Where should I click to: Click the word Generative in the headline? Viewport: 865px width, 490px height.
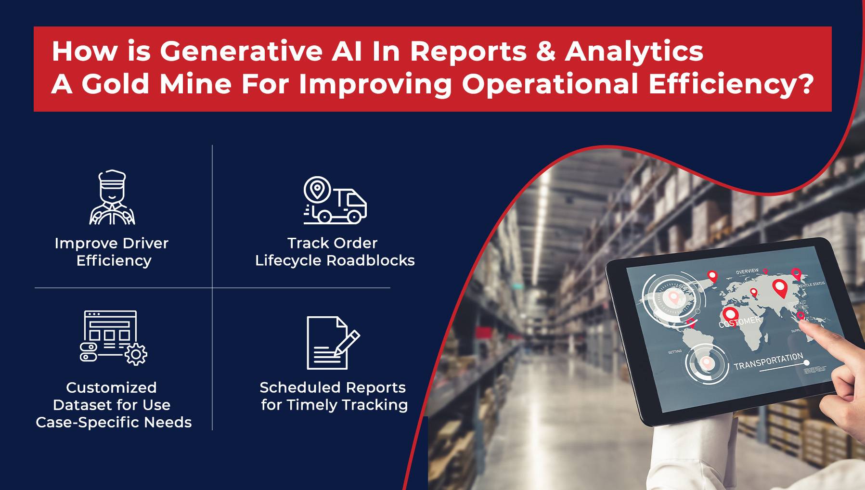click(241, 51)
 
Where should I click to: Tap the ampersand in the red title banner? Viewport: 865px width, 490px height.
click(545, 51)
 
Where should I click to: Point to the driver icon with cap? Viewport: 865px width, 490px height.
click(112, 197)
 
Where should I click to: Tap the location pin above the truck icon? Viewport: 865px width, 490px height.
click(317, 189)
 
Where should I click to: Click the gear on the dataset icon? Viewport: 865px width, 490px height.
click(136, 355)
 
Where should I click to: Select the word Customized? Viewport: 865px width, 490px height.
click(111, 387)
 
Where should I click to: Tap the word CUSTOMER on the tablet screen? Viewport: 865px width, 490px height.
click(739, 322)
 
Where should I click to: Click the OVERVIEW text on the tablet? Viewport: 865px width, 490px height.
click(747, 272)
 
